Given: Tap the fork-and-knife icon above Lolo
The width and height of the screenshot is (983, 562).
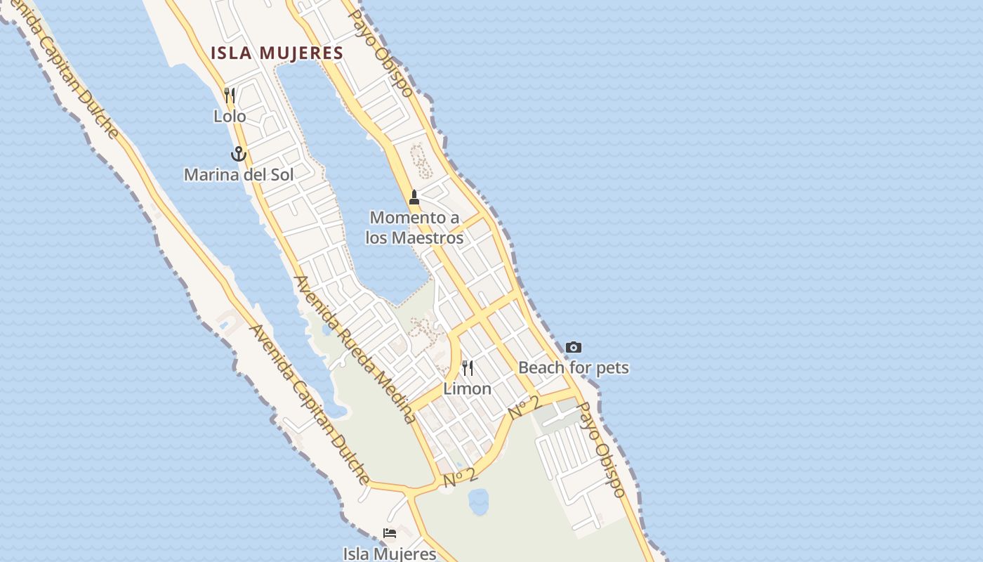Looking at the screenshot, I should [230, 95].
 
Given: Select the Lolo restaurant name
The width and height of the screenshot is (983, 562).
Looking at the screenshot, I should [230, 116].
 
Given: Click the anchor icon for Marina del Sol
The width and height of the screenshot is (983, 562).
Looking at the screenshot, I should [239, 154].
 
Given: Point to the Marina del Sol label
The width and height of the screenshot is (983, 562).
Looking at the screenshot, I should [239, 174].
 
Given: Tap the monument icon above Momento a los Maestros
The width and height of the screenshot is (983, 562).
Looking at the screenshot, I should [414, 197].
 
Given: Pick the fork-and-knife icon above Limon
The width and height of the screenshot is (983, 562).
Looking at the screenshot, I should [467, 367].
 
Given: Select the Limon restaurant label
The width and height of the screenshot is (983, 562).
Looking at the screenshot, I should [467, 388].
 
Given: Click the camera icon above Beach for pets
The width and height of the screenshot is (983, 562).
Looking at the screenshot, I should [574, 347].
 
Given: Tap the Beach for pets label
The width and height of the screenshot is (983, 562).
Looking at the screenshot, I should [574, 367].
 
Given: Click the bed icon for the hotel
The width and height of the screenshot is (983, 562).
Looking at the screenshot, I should [390, 533].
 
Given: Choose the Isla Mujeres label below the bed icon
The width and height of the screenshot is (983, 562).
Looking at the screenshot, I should [390, 554].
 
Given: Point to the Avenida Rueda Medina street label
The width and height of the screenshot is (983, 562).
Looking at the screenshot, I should [355, 349].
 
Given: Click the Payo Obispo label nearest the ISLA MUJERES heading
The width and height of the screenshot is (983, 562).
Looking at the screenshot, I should [381, 53].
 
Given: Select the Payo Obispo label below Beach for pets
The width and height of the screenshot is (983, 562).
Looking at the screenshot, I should [600, 450].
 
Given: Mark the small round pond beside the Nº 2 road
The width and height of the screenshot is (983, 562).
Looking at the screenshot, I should [479, 502].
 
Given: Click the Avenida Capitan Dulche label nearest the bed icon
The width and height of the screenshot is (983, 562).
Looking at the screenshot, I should [310, 405].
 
